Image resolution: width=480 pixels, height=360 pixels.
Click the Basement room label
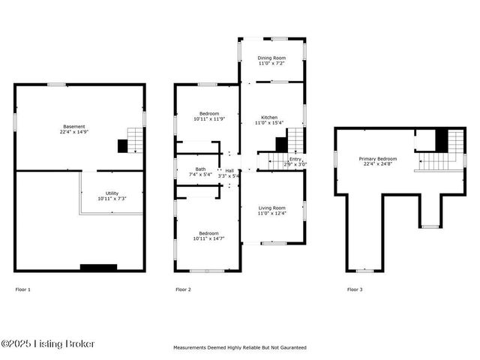(74, 127)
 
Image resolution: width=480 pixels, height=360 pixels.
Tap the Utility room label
(106, 195)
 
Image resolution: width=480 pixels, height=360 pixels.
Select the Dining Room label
(271, 58)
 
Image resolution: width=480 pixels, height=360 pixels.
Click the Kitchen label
(270, 118)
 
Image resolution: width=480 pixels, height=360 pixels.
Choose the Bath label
(201, 169)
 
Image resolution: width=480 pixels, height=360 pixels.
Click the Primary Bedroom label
(377, 159)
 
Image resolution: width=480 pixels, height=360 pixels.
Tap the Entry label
(295, 159)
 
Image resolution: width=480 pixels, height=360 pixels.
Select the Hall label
(229, 170)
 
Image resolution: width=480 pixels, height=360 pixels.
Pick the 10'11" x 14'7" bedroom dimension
(208, 238)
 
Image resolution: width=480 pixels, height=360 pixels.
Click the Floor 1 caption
(23, 289)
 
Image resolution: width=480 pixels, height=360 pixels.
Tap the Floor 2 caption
(183, 289)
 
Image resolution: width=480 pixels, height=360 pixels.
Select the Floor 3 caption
(355, 289)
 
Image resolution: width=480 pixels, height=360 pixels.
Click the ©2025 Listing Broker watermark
(48, 343)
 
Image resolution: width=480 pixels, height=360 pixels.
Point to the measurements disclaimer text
(240, 348)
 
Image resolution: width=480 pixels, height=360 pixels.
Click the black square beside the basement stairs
(122, 146)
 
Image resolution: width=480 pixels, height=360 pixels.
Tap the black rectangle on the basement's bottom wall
(98, 267)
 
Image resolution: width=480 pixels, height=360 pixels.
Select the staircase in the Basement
(135, 139)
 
